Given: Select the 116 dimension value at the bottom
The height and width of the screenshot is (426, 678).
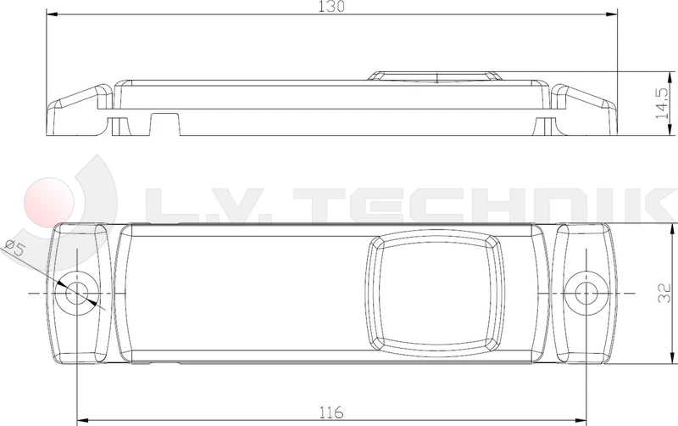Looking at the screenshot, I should [x=332, y=413].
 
